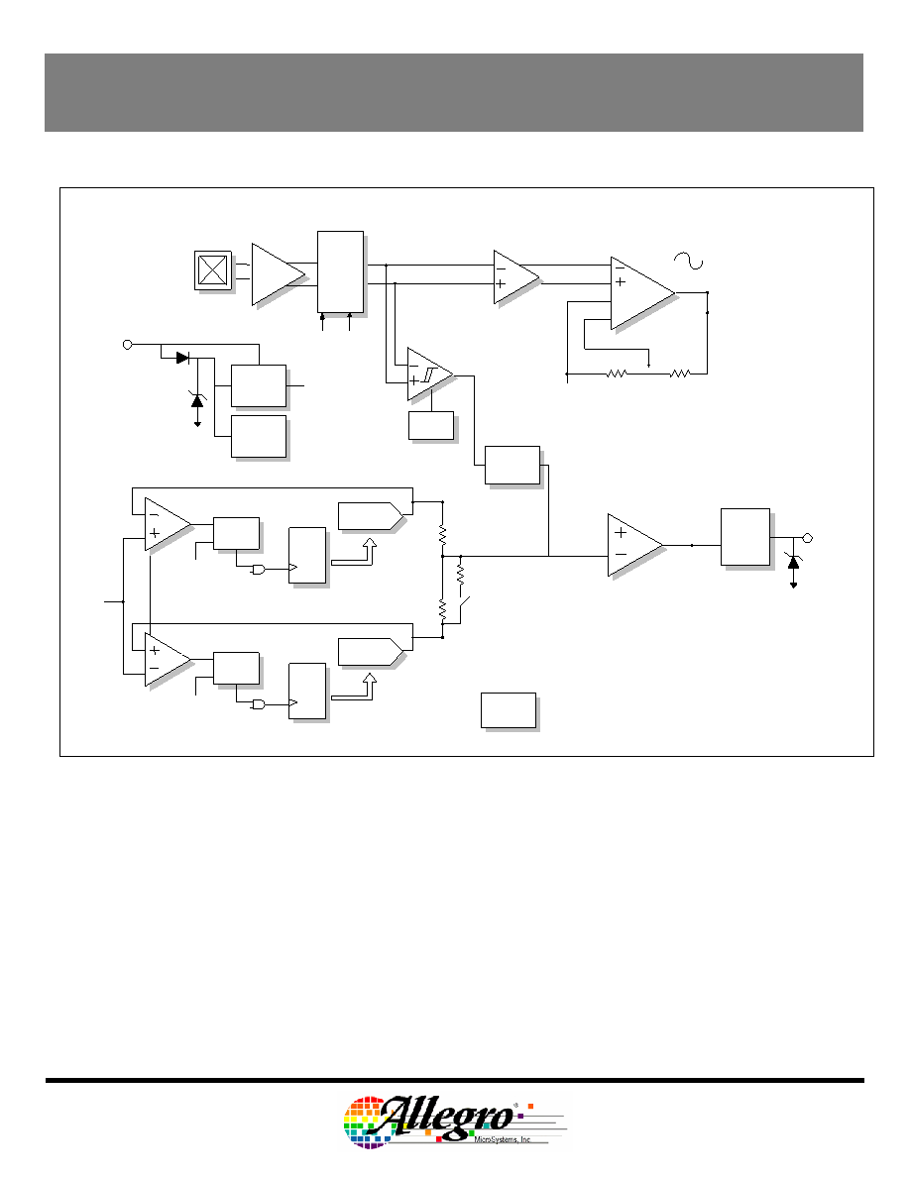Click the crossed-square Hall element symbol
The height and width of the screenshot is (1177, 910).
coord(212,270)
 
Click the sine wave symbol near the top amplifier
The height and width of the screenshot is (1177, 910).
coord(689,261)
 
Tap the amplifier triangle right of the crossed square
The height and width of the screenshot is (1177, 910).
coord(279,274)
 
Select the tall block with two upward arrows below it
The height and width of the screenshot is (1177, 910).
coord(340,271)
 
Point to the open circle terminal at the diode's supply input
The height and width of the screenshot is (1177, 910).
coord(127,345)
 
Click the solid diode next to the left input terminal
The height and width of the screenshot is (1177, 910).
coord(182,358)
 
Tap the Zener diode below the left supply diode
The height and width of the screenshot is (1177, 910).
coord(197,400)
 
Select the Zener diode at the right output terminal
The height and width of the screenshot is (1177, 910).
coord(794,562)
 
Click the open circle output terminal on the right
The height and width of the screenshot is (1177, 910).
coord(809,538)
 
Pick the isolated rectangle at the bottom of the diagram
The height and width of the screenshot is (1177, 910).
coord(509,710)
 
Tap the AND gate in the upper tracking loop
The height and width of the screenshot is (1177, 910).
coord(258,570)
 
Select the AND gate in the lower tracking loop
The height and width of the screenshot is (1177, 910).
coord(258,704)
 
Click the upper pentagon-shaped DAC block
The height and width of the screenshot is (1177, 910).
coord(370,516)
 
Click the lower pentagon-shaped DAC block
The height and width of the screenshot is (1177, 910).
coord(370,652)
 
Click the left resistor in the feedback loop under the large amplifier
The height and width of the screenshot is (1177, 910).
coord(616,374)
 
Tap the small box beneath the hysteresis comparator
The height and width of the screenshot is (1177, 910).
coord(431,426)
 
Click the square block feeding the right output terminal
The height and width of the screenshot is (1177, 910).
coord(745,537)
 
